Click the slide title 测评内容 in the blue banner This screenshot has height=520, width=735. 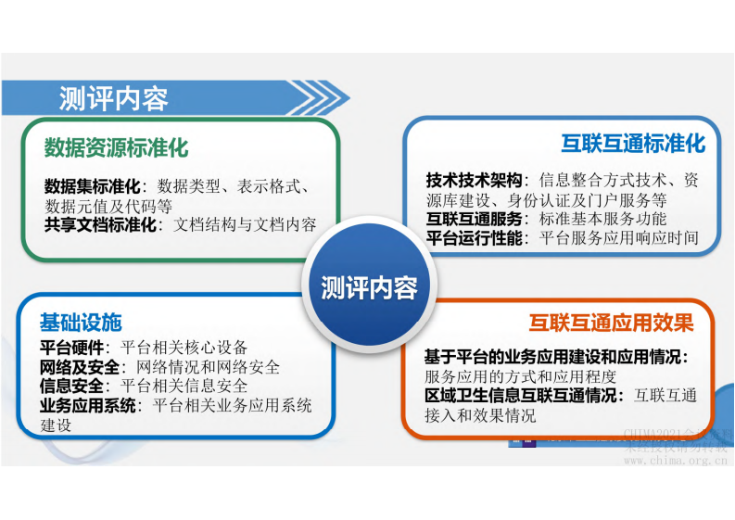(113, 98)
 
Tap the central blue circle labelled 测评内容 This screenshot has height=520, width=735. (368, 288)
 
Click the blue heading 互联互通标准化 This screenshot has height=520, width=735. (633, 144)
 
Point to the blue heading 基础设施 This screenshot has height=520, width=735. (81, 323)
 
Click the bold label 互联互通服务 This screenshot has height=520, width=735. (474, 219)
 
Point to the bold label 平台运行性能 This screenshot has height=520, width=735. (474, 238)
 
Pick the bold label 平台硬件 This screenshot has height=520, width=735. (74, 348)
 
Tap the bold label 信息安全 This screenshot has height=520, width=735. (74, 386)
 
